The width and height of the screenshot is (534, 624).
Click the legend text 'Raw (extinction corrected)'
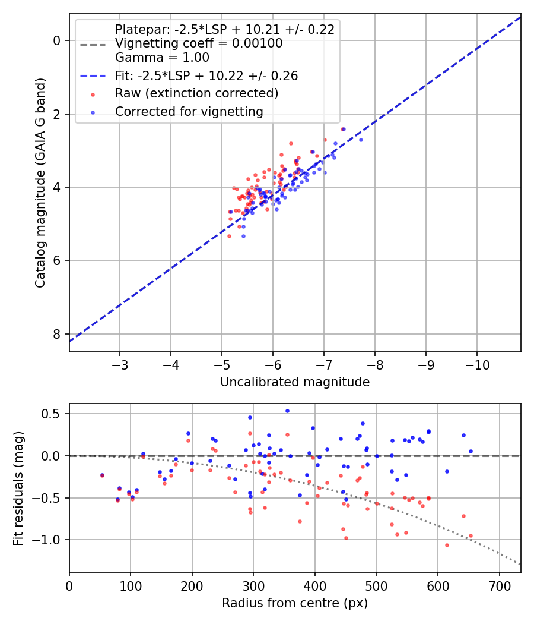coord(196,93)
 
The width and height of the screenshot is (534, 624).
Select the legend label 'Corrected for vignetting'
coord(189,111)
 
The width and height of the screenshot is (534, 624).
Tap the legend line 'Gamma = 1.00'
coord(162,58)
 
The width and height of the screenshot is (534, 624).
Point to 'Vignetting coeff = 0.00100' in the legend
coord(199,43)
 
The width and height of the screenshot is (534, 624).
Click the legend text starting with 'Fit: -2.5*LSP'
coord(206,75)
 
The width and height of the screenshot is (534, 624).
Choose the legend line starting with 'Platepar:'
coord(225,29)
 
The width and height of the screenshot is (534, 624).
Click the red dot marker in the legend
coord(92,94)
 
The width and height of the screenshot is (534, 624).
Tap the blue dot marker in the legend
coord(92,112)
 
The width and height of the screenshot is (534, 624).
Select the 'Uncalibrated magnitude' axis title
coord(295,382)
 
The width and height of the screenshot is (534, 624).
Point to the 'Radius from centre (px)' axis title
coord(295,603)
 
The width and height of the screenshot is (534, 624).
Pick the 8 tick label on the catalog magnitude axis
coord(58,334)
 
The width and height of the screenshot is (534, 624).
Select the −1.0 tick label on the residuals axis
coord(51,540)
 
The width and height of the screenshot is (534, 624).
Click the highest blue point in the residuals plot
coord(287,411)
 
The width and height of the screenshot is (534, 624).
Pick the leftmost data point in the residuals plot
coord(102,475)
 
